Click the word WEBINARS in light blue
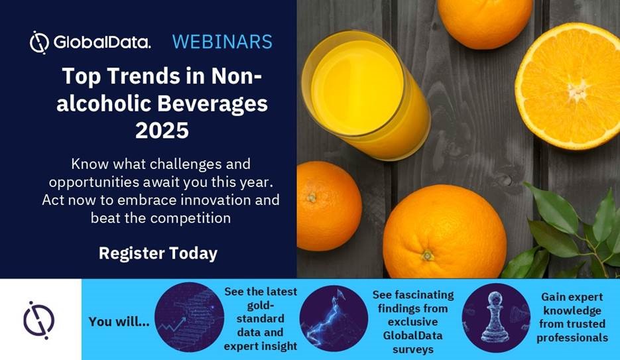pos(222,42)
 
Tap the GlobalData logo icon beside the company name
pos(39,42)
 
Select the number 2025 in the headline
pos(162,130)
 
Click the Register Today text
pos(158,253)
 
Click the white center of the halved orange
pos(578,90)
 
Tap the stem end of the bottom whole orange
pos(428,255)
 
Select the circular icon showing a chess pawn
pos(496,318)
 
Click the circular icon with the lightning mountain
pos(334,318)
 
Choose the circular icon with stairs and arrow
pos(189,317)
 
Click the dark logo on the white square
pos(38,320)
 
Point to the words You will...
pos(119,322)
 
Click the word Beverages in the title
pos(212,104)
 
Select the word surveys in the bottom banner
pos(413,350)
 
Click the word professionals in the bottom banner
pos(572,337)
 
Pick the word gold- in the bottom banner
pos(260,305)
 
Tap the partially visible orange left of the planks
pos(328,206)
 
